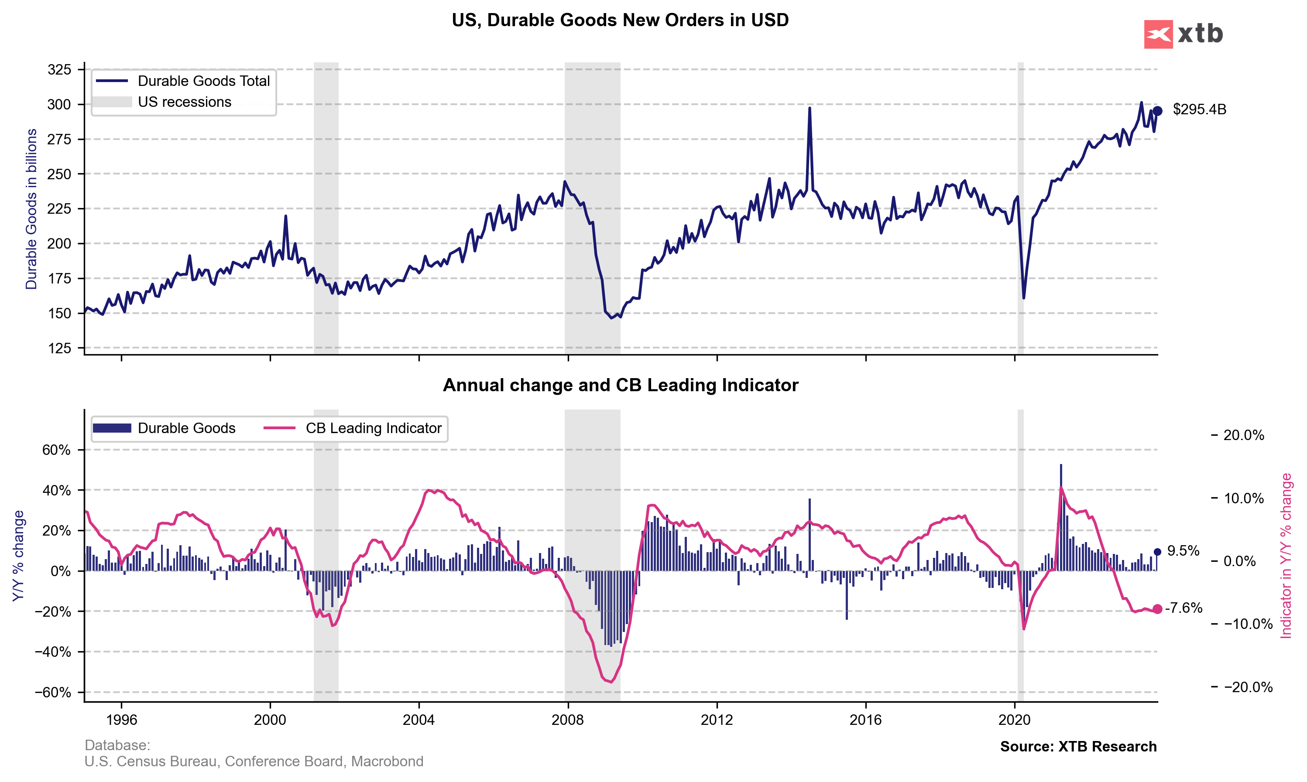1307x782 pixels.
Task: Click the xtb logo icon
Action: pyautogui.click(x=1158, y=34)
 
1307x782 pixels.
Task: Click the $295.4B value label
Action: pyautogui.click(x=1200, y=109)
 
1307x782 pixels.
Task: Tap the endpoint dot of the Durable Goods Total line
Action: pyautogui.click(x=1157, y=111)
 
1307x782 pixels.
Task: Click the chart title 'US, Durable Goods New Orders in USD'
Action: pyautogui.click(x=620, y=20)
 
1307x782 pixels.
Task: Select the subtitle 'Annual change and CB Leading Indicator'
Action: pyautogui.click(x=620, y=385)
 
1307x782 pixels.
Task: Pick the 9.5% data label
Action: pyautogui.click(x=1183, y=551)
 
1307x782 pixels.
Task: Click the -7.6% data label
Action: pyautogui.click(x=1184, y=608)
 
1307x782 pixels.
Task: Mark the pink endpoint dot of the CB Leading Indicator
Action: pyautogui.click(x=1157, y=609)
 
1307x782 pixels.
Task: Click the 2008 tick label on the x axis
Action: pyautogui.click(x=568, y=720)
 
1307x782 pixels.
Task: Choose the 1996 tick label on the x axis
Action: pyautogui.click(x=121, y=720)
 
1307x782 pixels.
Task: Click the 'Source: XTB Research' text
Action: pyautogui.click(x=1078, y=747)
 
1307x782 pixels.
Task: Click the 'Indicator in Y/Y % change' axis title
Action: pyautogui.click(x=1286, y=556)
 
